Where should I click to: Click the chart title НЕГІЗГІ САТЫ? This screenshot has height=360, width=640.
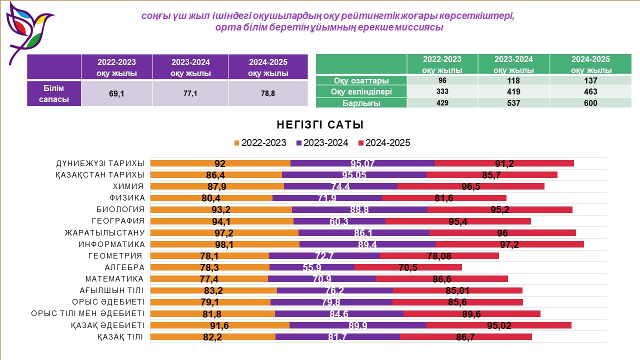tap(320, 124)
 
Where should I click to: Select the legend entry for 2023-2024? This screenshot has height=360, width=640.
tap(322, 143)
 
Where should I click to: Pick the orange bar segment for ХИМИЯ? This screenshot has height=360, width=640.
tap(217, 186)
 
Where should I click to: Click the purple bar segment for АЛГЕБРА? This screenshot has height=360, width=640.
tap(312, 267)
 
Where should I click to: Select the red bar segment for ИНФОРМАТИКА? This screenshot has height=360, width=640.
tap(510, 244)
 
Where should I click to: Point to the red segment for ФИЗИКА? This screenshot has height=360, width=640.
tap(444, 198)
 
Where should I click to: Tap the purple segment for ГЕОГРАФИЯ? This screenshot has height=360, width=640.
tap(339, 221)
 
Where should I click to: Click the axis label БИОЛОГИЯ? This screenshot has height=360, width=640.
tap(120, 209)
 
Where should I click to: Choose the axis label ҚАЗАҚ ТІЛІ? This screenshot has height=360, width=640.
tap(120, 336)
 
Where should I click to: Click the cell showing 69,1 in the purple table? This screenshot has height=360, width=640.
tap(116, 93)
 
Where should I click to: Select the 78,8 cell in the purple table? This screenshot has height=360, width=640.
tap(268, 93)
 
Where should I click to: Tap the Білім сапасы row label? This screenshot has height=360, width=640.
tap(54, 93)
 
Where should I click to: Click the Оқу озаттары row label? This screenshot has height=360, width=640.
tap(361, 80)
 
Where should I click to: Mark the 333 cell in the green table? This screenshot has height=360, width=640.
tap(442, 92)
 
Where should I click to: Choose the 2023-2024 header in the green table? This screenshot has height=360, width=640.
tap(513, 64)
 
